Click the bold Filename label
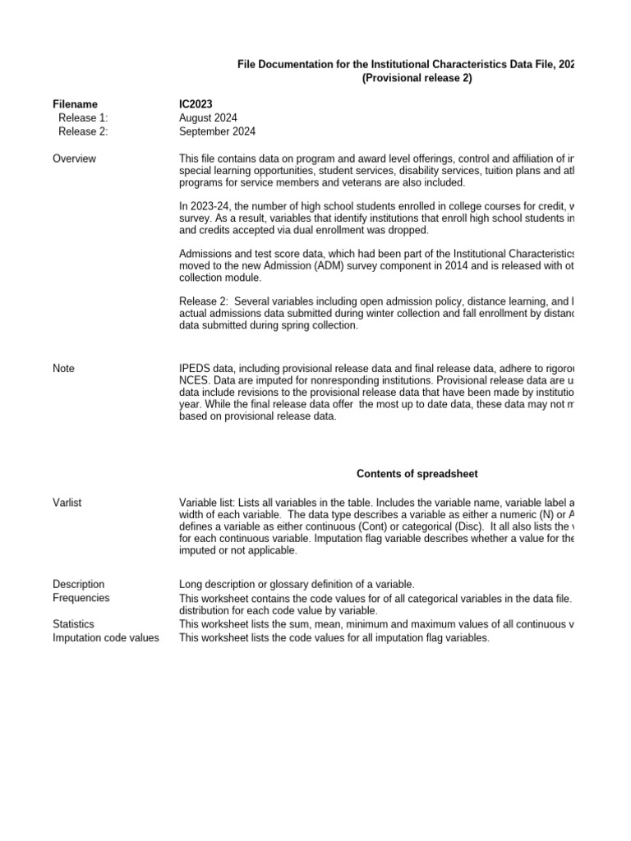tap(75, 104)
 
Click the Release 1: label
tap(83, 118)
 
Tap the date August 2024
tap(208, 118)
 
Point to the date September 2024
tap(217, 131)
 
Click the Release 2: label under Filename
tap(83, 131)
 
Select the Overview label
tap(74, 159)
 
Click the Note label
tap(63, 369)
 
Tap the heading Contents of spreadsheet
tap(417, 474)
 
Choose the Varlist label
tap(68, 503)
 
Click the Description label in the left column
tap(78, 584)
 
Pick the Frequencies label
tap(81, 598)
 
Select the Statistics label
tap(73, 624)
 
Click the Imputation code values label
tap(106, 637)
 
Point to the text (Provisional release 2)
tap(417, 77)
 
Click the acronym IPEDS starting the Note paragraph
tap(195, 369)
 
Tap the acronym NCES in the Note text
tap(194, 382)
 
